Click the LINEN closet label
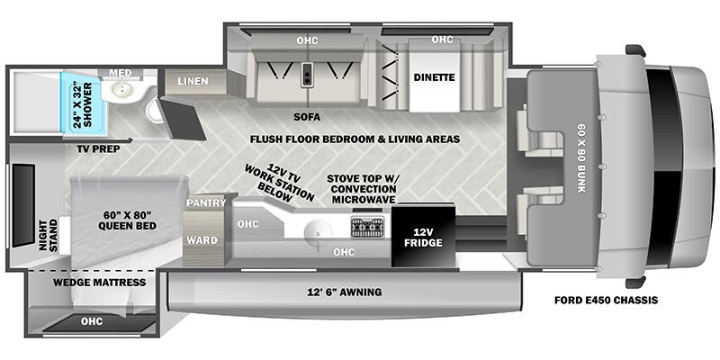coord(192,82)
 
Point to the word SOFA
coord(308,117)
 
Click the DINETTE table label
coord(435,77)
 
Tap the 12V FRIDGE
coord(422,236)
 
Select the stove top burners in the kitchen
coord(367,226)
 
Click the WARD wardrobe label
coord(202,240)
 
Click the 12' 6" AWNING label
coord(344,292)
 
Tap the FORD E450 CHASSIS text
coord(606,299)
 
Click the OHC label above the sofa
coord(307,40)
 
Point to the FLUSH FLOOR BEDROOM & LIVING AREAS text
coord(355,139)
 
